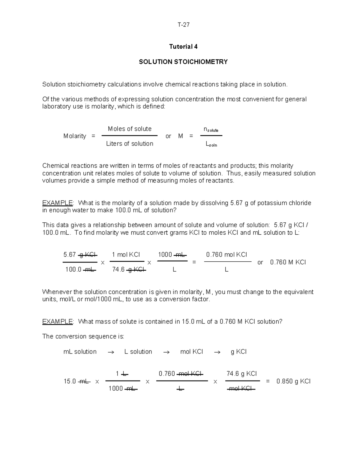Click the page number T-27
[x=183, y=25]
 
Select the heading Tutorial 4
[x=183, y=47]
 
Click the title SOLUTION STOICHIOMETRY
[x=183, y=62]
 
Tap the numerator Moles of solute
[x=130, y=129]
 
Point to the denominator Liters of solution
[x=130, y=144]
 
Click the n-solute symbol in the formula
[x=211, y=129]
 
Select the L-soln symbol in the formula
[x=211, y=144]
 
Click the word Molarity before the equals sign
[x=75, y=136]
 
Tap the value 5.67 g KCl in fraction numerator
[x=80, y=255]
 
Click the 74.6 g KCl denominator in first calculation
[x=129, y=270]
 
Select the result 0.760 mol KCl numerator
[x=226, y=255]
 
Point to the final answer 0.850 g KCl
[x=293, y=381]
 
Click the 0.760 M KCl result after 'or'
[x=288, y=262]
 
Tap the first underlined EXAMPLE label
[x=57, y=203]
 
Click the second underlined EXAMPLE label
[x=57, y=322]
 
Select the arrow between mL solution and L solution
[x=111, y=352]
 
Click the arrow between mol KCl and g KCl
[x=217, y=352]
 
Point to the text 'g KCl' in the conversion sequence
[x=238, y=352]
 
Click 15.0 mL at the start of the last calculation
[x=77, y=381]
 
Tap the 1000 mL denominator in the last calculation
[x=123, y=389]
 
